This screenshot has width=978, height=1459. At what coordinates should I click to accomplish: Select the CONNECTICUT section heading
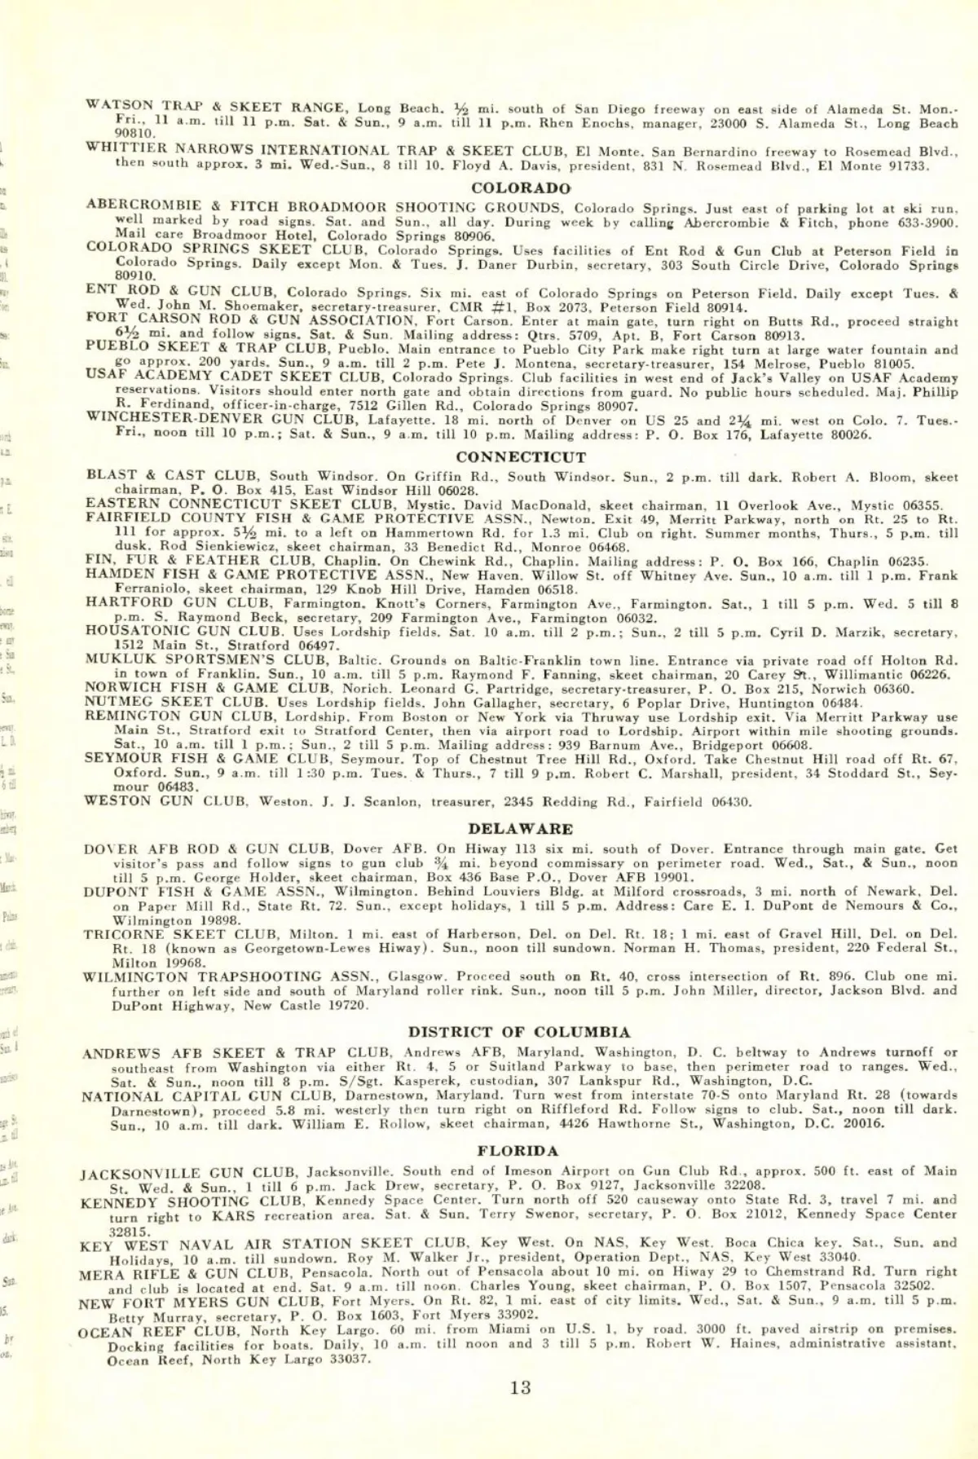[x=521, y=457]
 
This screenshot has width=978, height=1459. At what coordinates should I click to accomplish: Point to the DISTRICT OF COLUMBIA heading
[x=519, y=1032]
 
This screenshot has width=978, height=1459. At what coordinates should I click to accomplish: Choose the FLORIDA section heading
[x=518, y=1152]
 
